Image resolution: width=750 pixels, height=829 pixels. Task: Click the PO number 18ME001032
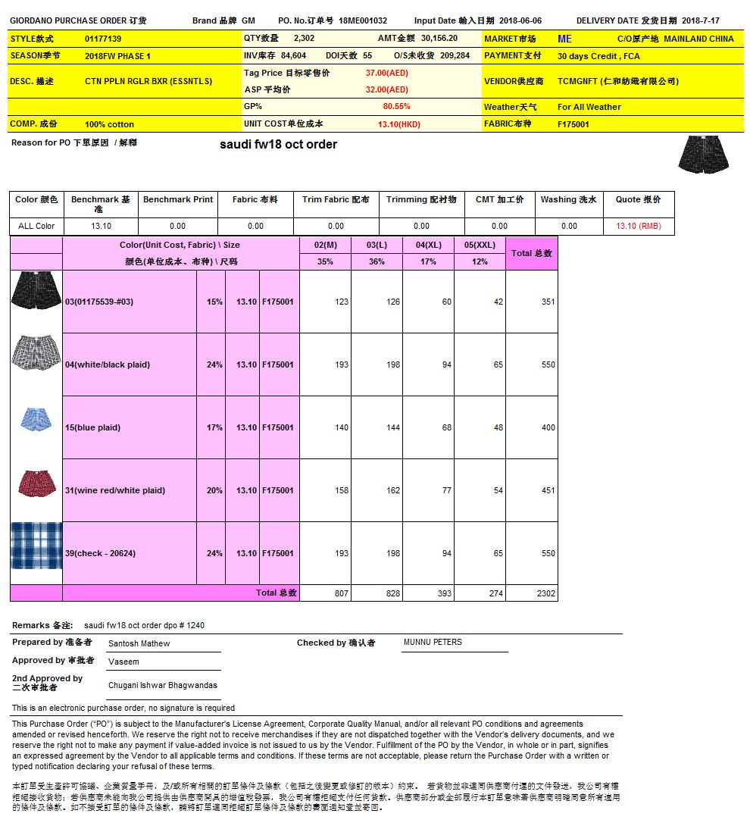pos(363,21)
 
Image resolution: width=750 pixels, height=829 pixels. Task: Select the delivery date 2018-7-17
pos(701,21)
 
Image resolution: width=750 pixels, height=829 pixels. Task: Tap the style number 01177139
pos(103,39)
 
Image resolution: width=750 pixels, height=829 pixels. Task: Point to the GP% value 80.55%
pos(396,107)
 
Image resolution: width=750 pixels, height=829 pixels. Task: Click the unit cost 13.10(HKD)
pos(398,124)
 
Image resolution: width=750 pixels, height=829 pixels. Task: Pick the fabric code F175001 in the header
pos(573,124)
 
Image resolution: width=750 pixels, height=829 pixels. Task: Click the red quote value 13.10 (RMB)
pos(638,226)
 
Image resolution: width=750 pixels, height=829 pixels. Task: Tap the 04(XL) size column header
pos(428,245)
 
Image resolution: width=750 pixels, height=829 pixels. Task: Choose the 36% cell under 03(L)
pos(377,261)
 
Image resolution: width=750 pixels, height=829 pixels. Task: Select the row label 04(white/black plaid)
pos(108,364)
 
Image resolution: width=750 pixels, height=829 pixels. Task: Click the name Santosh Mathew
pos(139,643)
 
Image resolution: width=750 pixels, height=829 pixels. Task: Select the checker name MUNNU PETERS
pos(433,642)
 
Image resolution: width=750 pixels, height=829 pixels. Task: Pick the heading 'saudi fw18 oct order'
pos(278,144)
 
